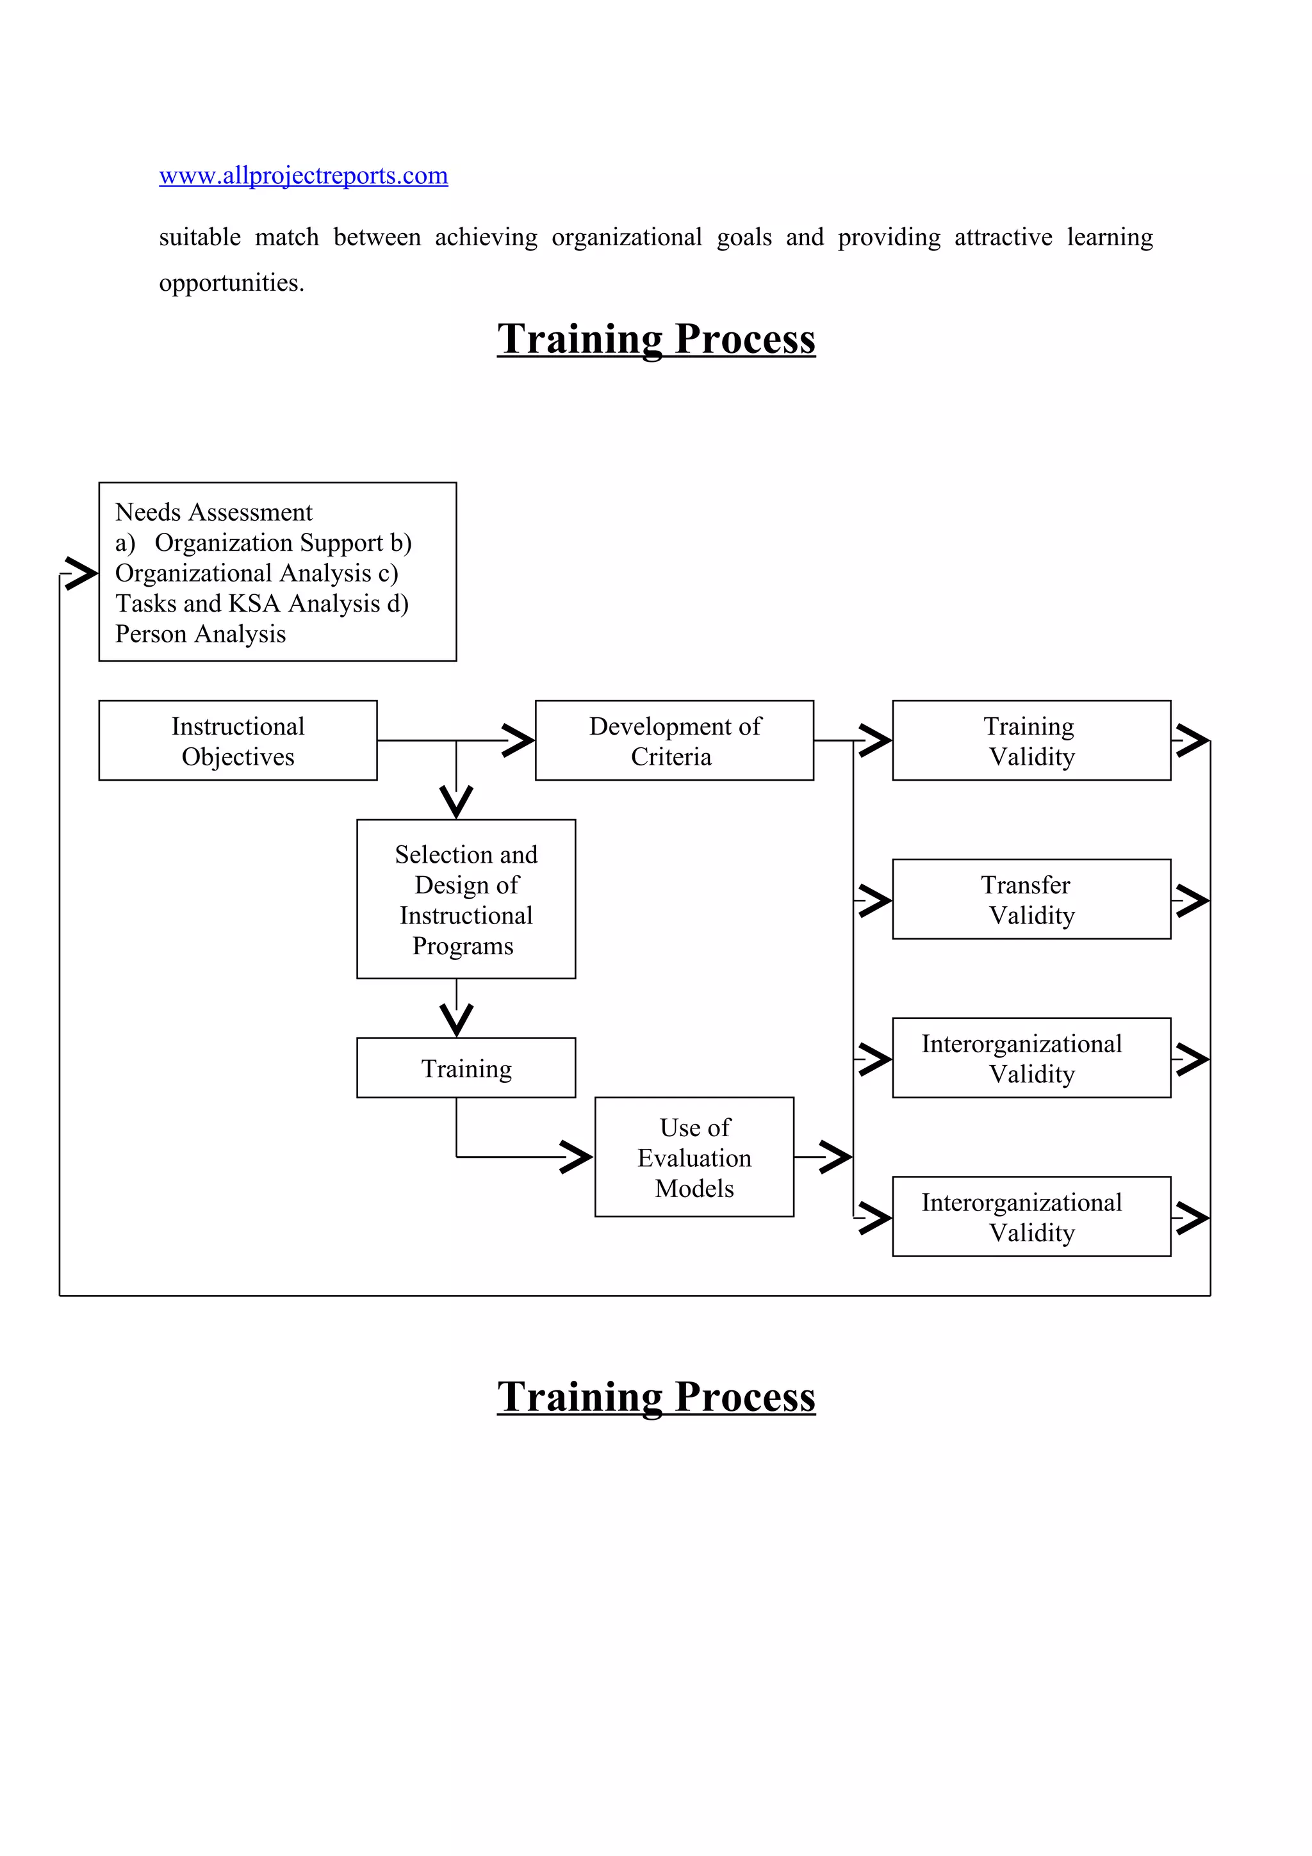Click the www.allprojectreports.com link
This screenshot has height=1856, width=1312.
point(303,175)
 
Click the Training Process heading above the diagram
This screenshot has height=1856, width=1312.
point(655,339)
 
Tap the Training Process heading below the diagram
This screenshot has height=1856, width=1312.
point(655,1397)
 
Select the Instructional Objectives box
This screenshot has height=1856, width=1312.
point(238,740)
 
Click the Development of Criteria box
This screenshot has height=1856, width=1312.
point(674,740)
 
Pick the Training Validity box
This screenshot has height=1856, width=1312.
point(1031,740)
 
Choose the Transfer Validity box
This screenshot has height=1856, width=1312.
point(1031,899)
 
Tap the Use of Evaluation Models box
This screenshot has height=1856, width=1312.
point(694,1157)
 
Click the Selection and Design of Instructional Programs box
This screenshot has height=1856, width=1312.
point(466,899)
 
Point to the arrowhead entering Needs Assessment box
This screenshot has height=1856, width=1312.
point(81,573)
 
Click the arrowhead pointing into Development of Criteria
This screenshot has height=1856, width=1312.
point(518,740)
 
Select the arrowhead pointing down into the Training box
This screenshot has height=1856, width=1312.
point(457,1020)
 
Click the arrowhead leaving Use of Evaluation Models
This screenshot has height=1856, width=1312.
point(834,1157)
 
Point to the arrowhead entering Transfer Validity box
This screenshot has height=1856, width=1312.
point(874,900)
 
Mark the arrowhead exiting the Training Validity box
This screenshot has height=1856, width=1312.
point(1192,740)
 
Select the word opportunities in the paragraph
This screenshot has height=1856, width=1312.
point(231,283)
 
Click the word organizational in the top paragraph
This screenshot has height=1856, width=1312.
point(627,238)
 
